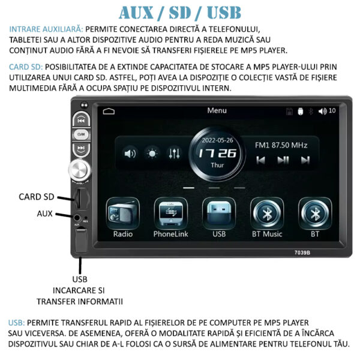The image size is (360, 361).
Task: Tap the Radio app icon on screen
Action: click(123, 213)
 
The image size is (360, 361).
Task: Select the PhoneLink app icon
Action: click(170, 213)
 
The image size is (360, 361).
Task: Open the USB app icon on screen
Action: click(219, 213)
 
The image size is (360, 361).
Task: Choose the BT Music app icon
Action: click(267, 213)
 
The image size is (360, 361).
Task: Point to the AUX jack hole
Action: click(77, 218)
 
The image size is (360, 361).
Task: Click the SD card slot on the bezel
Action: click(79, 198)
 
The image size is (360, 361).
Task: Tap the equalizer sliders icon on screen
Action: click(174, 153)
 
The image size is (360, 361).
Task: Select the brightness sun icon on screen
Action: click(152, 154)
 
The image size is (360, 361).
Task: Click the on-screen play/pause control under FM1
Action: click(283, 160)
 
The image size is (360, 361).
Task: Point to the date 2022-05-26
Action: click(217, 140)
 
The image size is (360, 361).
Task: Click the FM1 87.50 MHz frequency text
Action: click(281, 145)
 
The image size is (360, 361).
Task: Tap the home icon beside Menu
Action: click(109, 111)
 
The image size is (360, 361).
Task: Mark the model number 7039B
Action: click(302, 252)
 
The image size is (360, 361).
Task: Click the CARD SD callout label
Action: click(37, 197)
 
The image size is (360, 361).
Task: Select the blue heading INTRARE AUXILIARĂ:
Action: click(46, 29)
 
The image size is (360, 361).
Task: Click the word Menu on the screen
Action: click(217, 110)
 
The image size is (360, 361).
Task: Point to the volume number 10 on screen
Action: click(332, 111)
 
